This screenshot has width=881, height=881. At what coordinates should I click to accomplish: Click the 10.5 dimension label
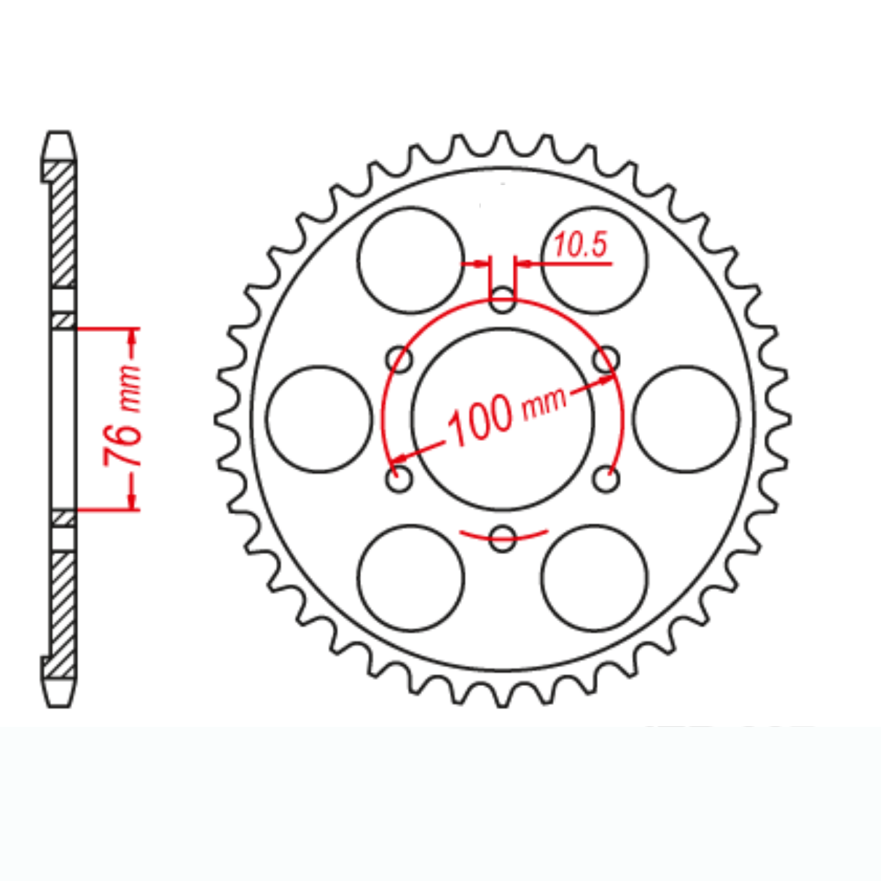[x=580, y=245]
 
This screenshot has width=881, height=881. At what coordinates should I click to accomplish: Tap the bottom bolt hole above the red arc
[x=502, y=538]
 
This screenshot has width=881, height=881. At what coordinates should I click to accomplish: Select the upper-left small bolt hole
[x=400, y=360]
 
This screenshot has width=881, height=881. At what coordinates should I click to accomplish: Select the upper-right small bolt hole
[x=606, y=360]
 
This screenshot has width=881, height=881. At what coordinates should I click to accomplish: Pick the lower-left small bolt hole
[x=399, y=480]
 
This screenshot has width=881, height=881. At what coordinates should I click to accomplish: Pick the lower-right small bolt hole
[x=606, y=480]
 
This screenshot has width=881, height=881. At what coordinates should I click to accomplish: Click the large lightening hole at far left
[x=319, y=419]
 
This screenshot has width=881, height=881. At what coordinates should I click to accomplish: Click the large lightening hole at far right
[x=686, y=419]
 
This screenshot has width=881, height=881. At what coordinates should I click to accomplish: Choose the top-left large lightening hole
[x=411, y=260]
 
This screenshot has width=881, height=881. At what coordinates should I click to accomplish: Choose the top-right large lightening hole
[x=595, y=260]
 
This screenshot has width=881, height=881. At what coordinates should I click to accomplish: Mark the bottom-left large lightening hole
[x=411, y=578]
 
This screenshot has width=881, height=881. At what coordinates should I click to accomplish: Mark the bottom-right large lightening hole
[x=595, y=578]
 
